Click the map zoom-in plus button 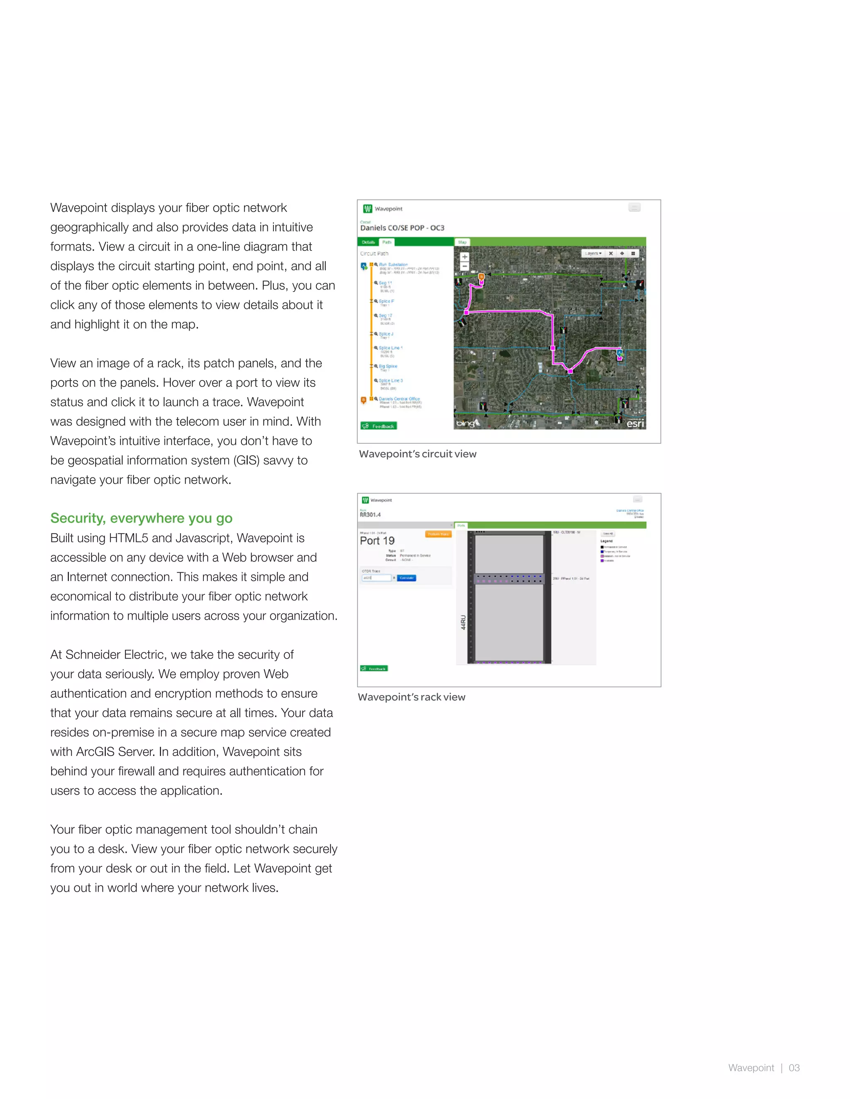[x=465, y=257]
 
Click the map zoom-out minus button [x=465, y=266]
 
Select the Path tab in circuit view [x=387, y=242]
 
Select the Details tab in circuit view [x=369, y=242]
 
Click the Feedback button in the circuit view [x=379, y=426]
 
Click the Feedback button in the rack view [x=374, y=668]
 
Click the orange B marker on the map [x=481, y=277]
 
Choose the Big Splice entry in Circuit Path [x=388, y=366]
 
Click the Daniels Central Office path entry [x=399, y=399]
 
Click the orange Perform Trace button [x=438, y=534]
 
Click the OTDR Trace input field [x=377, y=578]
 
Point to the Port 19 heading [x=377, y=541]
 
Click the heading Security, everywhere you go [x=141, y=518]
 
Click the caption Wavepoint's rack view [x=411, y=697]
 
